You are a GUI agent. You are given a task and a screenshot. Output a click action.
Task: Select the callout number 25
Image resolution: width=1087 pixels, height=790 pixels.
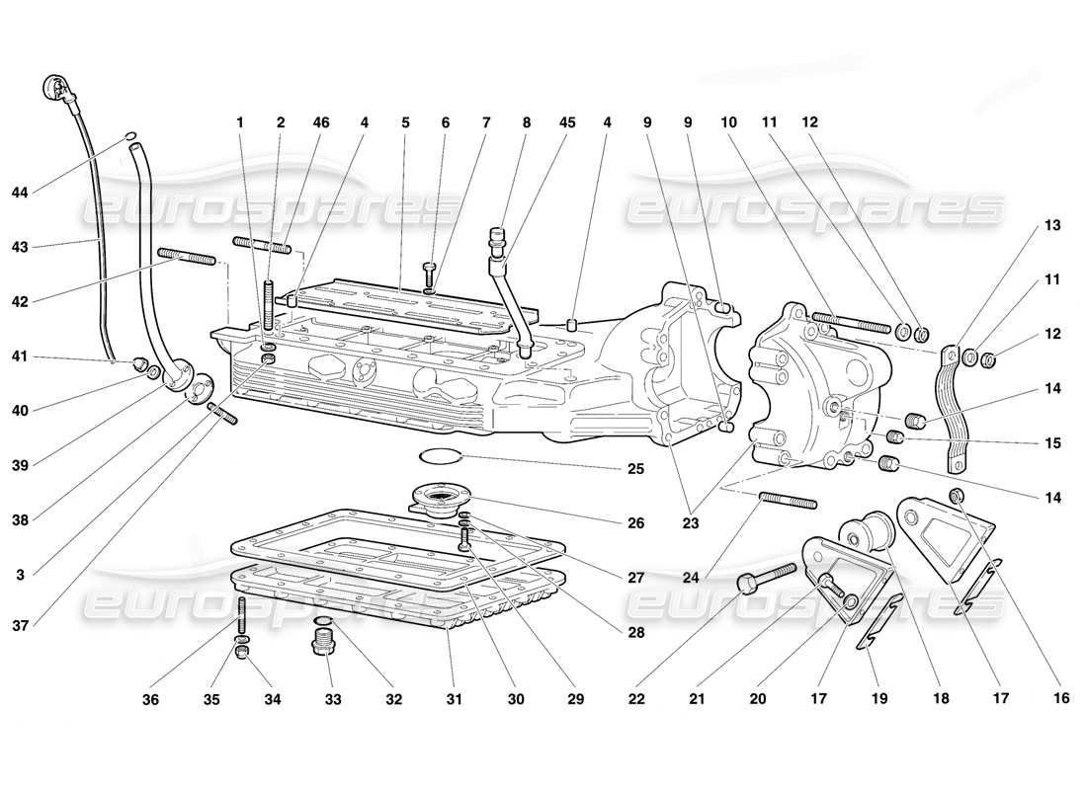click(634, 469)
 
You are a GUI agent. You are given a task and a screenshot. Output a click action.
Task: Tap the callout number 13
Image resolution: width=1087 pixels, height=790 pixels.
click(1025, 226)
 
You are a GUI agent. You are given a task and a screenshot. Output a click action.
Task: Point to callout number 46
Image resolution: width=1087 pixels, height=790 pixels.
click(321, 123)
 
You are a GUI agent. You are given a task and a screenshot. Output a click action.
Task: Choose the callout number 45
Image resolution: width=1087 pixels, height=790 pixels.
click(566, 123)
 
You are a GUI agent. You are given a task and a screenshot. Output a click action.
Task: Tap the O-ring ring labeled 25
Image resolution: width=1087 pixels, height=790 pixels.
click(441, 456)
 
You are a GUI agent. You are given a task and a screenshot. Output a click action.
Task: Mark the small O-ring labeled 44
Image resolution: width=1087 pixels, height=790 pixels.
click(130, 137)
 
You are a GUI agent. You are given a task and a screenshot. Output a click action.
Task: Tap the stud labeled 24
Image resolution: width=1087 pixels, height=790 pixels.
click(788, 501)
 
